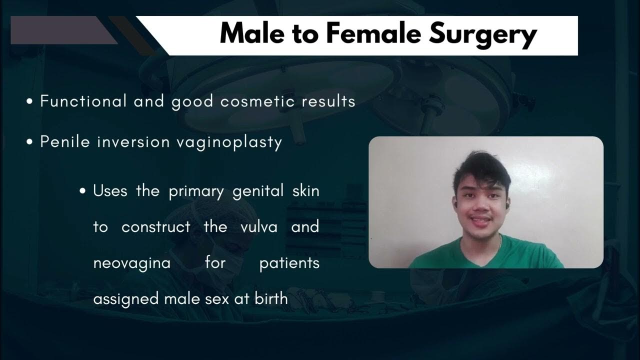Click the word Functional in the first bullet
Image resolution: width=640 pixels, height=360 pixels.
(x=83, y=101)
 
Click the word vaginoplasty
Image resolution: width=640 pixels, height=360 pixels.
(x=229, y=142)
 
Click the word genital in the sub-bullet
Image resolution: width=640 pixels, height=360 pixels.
(x=254, y=191)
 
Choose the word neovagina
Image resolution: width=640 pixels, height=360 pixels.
(x=132, y=263)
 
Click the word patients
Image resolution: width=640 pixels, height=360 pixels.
(x=289, y=263)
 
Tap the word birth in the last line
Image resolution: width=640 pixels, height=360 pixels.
(x=271, y=299)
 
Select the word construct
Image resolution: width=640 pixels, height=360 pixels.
(x=156, y=227)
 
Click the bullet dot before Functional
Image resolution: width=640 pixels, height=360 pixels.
(x=29, y=102)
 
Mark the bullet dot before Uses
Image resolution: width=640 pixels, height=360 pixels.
(x=83, y=191)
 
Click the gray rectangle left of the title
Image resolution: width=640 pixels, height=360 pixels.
(x=60, y=30)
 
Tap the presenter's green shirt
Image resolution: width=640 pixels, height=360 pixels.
(x=480, y=255)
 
